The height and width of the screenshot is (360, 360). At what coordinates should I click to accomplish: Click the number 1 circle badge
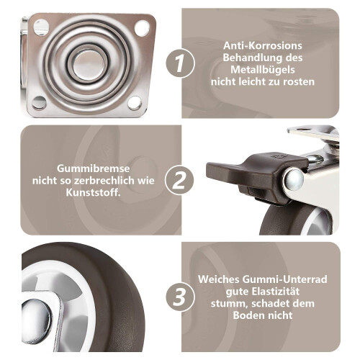coord(180,63)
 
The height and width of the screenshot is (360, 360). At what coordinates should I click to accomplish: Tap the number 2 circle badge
coord(179,180)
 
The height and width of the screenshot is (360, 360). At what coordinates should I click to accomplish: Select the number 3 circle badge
coord(180,297)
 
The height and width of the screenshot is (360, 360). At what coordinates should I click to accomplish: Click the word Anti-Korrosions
coord(263,45)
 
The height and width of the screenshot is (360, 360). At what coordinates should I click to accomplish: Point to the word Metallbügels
coord(263,70)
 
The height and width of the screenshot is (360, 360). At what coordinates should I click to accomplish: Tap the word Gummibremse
coord(94,168)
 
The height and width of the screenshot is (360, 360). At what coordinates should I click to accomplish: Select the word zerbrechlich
coord(104,181)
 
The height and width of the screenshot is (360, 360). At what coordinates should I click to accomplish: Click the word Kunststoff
coord(94,192)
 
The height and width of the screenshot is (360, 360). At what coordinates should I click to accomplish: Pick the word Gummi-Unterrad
coord(284,279)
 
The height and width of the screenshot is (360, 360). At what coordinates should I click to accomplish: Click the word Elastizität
coord(276,292)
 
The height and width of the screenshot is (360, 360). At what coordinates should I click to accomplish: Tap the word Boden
coord(248,315)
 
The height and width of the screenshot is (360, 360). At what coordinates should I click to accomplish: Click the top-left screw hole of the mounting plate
coord(41,27)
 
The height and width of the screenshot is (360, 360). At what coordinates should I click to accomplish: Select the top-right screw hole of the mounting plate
coord(142,28)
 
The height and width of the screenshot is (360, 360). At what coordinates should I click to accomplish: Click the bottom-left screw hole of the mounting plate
coord(39,102)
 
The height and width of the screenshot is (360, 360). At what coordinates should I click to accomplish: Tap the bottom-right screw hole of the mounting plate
coord(135,103)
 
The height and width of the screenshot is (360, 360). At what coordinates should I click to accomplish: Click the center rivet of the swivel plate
coord(89,65)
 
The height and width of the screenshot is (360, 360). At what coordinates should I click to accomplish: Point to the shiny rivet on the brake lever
coord(293,179)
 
